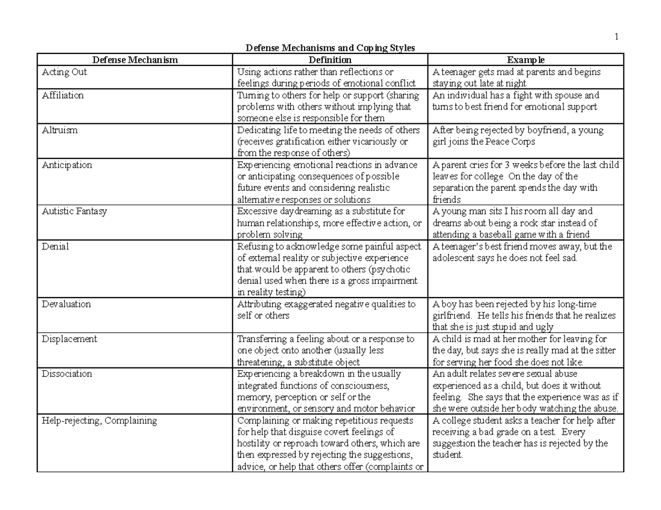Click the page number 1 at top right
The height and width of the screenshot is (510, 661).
617,37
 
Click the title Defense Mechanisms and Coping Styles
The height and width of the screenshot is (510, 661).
329,48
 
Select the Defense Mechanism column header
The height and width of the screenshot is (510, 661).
135,60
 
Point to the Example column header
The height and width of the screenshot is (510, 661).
526,60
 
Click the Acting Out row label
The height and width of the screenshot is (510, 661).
64,72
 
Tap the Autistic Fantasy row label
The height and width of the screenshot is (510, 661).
74,211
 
